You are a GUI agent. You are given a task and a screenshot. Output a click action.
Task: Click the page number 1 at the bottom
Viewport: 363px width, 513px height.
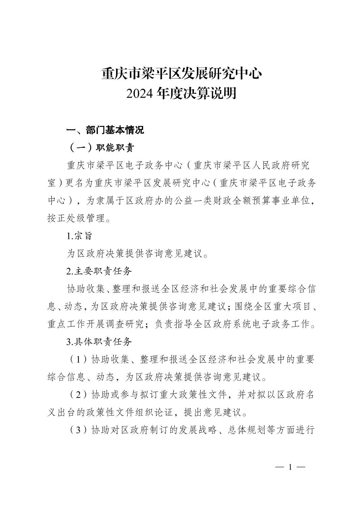pos(290,467)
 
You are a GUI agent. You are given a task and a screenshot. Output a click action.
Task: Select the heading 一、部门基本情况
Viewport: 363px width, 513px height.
pos(105,130)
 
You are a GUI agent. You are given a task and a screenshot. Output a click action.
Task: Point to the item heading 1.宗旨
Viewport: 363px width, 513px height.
pos(79,236)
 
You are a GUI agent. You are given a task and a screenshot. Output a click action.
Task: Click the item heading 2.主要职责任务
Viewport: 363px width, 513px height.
pos(99,271)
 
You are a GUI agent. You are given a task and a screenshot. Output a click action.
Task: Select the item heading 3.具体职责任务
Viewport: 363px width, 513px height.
pos(99,342)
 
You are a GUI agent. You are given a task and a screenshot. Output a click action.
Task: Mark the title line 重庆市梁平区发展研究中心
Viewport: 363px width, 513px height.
pos(181,74)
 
